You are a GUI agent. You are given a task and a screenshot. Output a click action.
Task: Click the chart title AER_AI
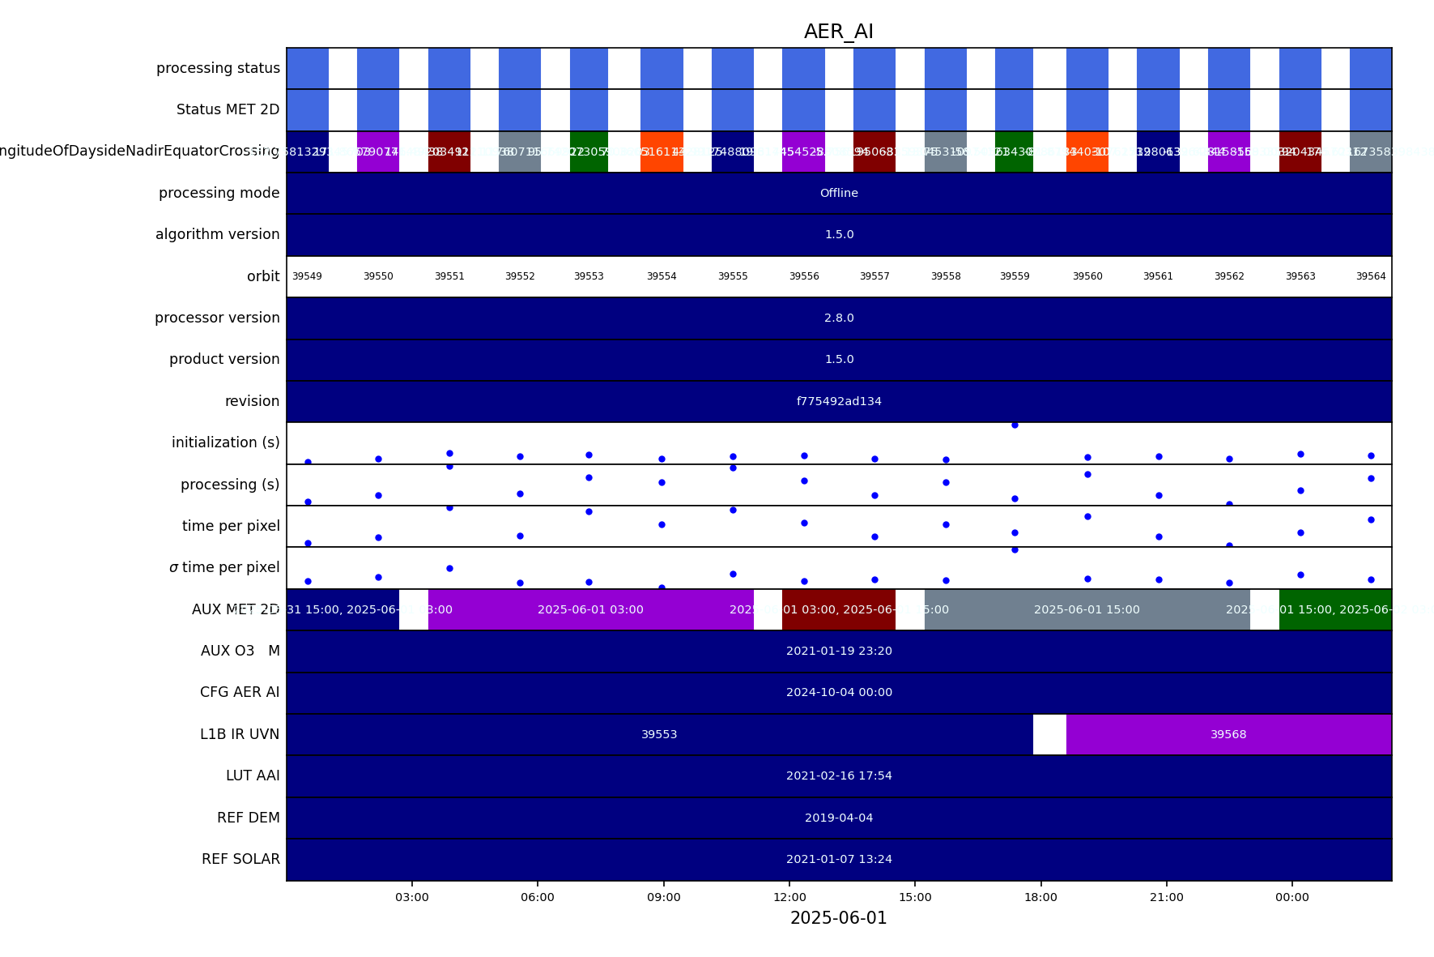[x=838, y=32]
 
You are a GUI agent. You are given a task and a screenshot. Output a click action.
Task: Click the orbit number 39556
[x=804, y=276]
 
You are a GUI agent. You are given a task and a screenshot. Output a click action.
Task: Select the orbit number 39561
[x=1158, y=276]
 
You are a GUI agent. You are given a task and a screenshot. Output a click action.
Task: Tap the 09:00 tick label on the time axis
[x=663, y=897]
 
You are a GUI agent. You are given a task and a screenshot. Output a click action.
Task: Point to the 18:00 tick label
[x=1040, y=897]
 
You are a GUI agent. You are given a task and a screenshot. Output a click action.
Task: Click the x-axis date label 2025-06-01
[x=838, y=918]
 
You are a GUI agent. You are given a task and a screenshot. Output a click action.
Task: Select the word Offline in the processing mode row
[x=839, y=193]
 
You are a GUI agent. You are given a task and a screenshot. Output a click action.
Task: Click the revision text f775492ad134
[x=839, y=401]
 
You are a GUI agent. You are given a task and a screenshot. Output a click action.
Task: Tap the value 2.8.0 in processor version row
[x=839, y=318]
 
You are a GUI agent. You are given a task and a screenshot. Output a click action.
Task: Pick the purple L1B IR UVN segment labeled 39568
[x=1228, y=734]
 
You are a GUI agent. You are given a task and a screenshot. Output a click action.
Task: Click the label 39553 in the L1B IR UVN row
[x=659, y=734]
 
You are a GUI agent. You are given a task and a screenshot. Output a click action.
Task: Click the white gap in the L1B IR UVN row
[x=1049, y=734]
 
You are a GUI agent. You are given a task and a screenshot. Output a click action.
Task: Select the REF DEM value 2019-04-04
[x=839, y=818]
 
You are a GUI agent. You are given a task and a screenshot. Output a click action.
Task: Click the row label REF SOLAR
[x=240, y=859]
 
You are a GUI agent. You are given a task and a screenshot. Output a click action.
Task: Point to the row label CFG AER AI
[x=240, y=692]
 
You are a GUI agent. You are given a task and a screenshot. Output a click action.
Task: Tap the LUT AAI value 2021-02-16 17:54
[x=839, y=775]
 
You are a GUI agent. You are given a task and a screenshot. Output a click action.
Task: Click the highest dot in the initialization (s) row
[x=1015, y=425]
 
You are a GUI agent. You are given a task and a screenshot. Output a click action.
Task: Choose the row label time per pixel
[x=231, y=526]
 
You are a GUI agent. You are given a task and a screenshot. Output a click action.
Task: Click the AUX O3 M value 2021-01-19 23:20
[x=839, y=651]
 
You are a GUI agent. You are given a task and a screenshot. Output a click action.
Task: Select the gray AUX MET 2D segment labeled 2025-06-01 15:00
[x=1087, y=609]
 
